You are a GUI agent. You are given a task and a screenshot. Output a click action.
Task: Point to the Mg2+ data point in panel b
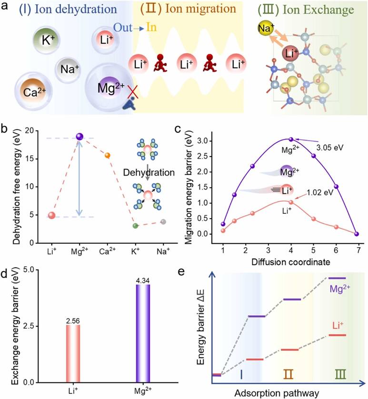[80, 137]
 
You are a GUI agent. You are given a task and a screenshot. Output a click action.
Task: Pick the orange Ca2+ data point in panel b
[108, 155]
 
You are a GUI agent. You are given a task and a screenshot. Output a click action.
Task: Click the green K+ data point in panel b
[135, 225]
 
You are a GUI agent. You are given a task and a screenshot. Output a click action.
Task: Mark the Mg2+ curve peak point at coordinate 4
[291, 139]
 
